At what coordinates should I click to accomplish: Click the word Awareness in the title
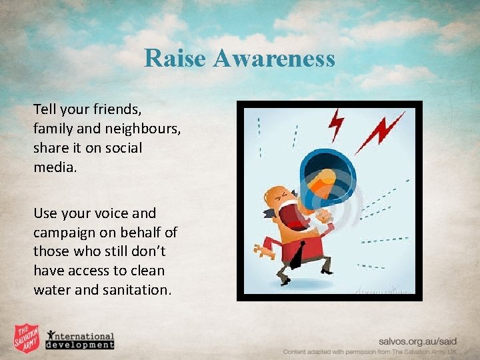tap(275, 59)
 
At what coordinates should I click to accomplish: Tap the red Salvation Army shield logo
tap(27, 339)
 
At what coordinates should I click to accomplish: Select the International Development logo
tap(80, 340)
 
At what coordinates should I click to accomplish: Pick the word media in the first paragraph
tap(55, 166)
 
